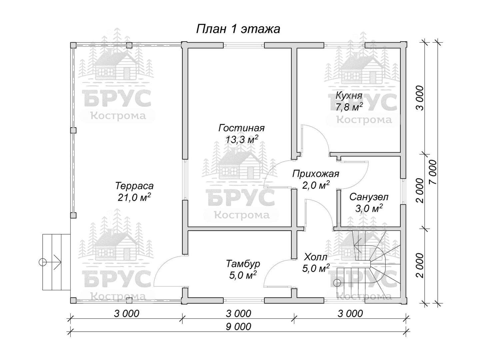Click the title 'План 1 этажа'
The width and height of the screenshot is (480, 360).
238,29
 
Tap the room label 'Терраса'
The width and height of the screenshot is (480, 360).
134,186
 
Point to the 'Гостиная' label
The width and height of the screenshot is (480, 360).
241,128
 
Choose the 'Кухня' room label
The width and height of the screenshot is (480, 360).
349,96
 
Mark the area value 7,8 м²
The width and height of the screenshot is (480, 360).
349,107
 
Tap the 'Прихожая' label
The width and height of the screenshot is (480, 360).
316,174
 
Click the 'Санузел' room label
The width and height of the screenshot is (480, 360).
369,197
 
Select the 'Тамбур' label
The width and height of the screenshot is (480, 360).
243,264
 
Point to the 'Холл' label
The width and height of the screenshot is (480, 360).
316,257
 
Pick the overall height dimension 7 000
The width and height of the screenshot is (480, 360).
433,172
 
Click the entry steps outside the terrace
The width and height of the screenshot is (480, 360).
56,262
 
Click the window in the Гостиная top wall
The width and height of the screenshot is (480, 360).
244,45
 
